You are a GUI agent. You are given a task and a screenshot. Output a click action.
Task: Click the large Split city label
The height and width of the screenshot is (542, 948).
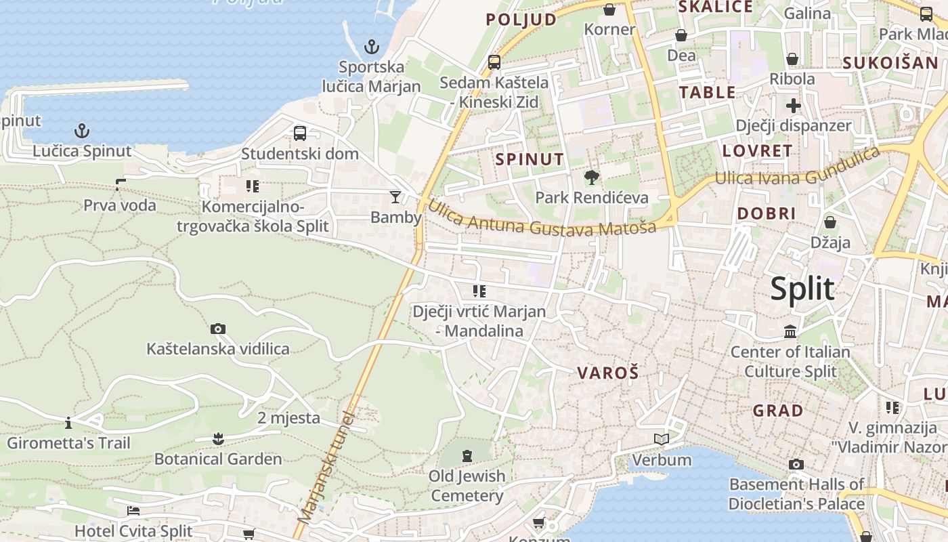802,289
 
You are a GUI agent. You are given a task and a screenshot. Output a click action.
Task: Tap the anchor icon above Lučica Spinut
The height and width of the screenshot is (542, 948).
82,130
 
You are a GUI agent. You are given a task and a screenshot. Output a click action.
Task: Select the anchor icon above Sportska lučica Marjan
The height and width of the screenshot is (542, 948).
371,47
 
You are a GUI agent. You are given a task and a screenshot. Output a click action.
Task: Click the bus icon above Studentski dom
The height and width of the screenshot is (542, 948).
300,133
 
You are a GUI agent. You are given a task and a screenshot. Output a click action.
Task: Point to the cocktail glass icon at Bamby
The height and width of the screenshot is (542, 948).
395,197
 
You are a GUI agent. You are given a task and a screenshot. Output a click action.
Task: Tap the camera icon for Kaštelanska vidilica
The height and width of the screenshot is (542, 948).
218,329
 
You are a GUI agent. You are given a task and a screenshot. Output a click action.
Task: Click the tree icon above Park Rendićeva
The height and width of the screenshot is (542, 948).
592,178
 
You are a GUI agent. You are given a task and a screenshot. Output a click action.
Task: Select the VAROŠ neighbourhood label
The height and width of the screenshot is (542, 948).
608,373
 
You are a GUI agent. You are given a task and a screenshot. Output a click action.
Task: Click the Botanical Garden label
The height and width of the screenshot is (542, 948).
218,459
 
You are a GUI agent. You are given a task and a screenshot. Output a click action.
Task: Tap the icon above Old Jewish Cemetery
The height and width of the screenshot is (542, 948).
467,455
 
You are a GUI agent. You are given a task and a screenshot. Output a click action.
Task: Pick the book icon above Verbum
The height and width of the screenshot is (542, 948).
662,440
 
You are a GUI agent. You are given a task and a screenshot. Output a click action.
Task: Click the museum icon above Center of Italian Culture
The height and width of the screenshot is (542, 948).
790,332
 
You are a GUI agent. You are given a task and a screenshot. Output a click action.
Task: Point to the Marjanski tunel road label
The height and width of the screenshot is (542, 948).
326,467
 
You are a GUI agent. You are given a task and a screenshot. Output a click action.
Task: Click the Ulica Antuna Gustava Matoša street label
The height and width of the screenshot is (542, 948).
542,218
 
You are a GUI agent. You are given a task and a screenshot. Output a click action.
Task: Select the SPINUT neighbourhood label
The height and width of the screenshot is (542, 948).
530,159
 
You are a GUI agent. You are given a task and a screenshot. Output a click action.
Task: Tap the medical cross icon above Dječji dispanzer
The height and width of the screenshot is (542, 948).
794,106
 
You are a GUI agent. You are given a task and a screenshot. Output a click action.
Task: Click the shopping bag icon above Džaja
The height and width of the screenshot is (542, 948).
830,222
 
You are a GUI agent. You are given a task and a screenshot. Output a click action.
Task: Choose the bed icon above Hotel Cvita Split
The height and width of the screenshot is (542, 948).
133,510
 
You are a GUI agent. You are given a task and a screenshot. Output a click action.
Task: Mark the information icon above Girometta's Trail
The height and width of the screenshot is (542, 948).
68,423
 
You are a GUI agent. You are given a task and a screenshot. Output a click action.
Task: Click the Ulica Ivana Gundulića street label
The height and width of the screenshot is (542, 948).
799,169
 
